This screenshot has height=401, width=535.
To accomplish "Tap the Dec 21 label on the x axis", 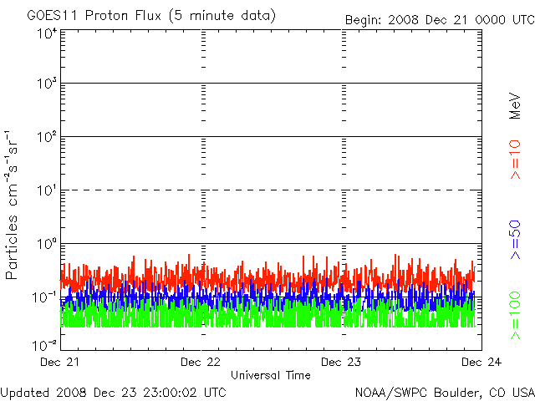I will tap(61, 362).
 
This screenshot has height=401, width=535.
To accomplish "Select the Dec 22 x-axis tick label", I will tap(201, 362).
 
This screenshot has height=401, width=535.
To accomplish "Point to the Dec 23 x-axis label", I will tap(342, 362).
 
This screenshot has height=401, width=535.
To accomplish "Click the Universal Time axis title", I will tap(271, 376).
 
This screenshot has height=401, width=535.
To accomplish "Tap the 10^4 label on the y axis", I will tap(47, 34).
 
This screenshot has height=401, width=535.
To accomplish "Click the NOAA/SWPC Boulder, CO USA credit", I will tap(444, 391).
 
